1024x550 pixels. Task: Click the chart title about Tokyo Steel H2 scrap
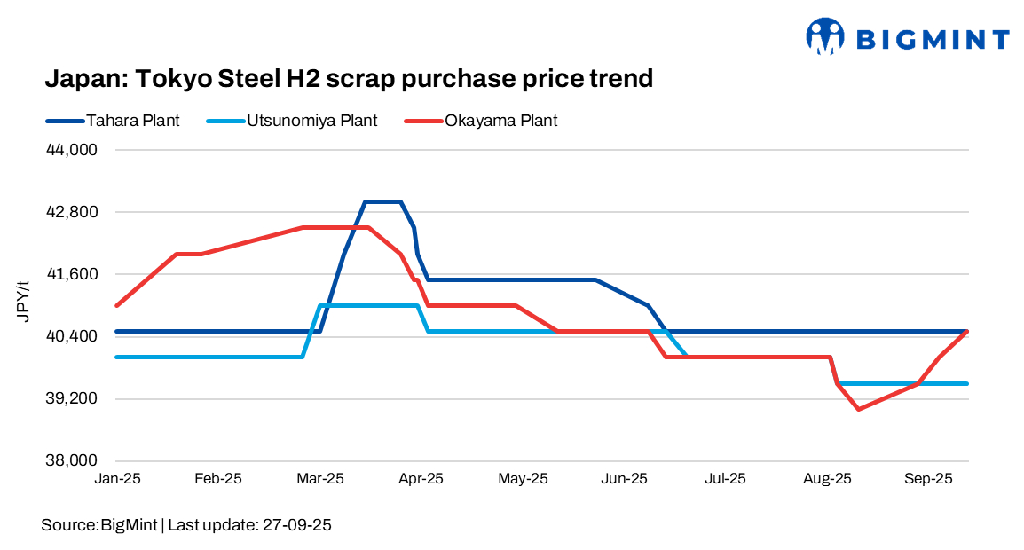[349, 79]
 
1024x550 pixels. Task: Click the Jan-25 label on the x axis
[117, 479]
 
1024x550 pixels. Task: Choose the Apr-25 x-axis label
[421, 479]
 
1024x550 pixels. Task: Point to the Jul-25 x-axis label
[725, 479]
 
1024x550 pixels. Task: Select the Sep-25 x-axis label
[928, 479]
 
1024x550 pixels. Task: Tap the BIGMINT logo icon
[825, 36]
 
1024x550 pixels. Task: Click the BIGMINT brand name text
[933, 39]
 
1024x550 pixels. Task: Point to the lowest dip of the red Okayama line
[858, 409]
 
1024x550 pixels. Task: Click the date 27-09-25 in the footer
[297, 525]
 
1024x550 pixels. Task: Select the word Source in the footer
[67, 525]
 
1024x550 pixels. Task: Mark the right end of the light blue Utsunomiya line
[967, 383]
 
